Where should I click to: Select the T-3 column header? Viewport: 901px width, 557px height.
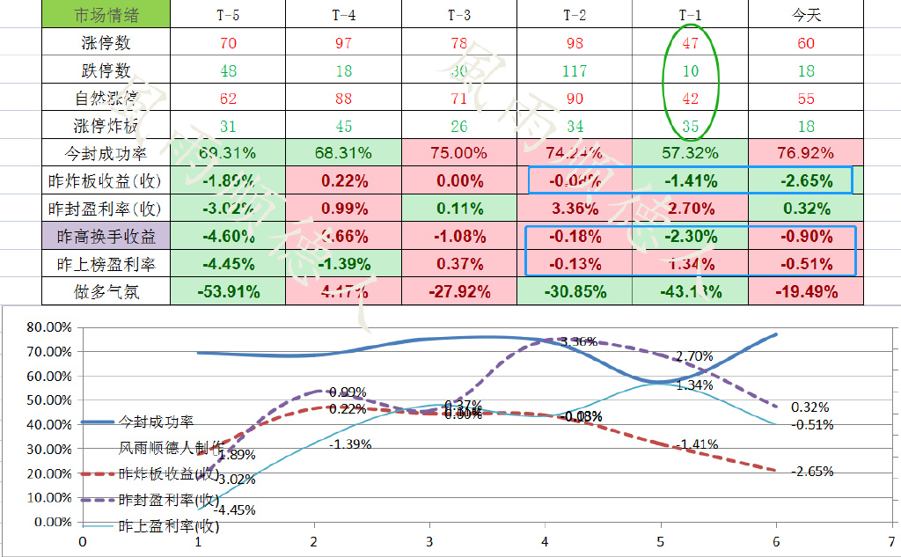tap(458, 14)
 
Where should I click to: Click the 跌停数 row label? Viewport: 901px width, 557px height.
tap(106, 70)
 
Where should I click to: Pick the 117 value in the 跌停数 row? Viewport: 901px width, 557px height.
tap(574, 70)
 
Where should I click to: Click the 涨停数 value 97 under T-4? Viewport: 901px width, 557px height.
tap(343, 42)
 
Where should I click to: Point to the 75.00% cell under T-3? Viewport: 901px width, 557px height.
tap(458, 153)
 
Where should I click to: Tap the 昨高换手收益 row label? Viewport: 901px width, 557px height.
tap(106, 237)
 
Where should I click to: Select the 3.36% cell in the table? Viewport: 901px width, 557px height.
tap(574, 209)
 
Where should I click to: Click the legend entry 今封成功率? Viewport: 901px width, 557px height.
tap(157, 421)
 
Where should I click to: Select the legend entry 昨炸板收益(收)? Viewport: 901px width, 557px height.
tap(168, 474)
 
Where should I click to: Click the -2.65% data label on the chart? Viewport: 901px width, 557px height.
tap(812, 472)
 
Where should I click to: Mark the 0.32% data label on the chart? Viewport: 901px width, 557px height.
tap(809, 407)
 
